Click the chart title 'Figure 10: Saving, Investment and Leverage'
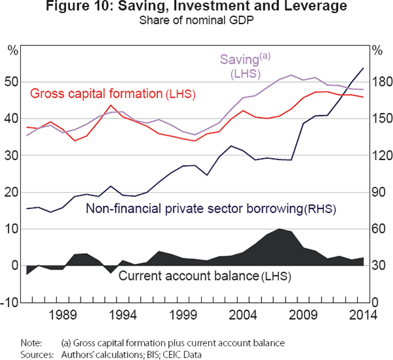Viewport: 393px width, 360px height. click(196, 8)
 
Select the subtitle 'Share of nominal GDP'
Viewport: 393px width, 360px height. click(196, 20)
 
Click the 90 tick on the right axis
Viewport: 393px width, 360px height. click(379, 193)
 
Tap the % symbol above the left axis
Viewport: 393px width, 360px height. click(12, 49)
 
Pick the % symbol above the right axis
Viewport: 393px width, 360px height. click(377, 49)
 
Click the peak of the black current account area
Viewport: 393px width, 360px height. click(280, 229)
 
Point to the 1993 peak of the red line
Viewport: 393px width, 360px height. click(110, 106)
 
